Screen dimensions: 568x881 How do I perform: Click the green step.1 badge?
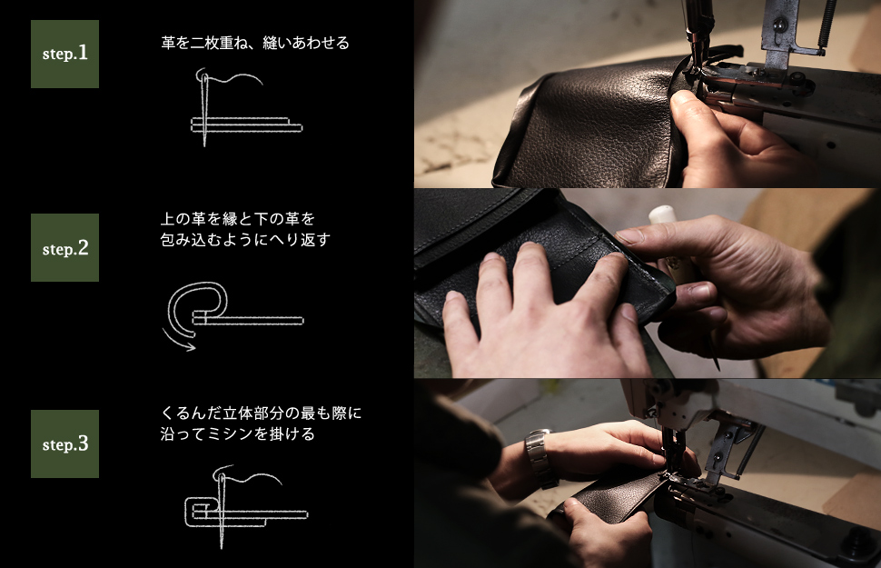pos(64,54)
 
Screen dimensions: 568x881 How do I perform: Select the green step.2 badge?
pos(64,247)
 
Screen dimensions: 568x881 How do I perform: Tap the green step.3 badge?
pos(64,443)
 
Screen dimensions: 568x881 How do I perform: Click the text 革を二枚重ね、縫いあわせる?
pos(255,43)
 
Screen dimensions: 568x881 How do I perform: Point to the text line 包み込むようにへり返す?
pos(245,240)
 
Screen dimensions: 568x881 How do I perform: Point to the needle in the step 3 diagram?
pos(220,509)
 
